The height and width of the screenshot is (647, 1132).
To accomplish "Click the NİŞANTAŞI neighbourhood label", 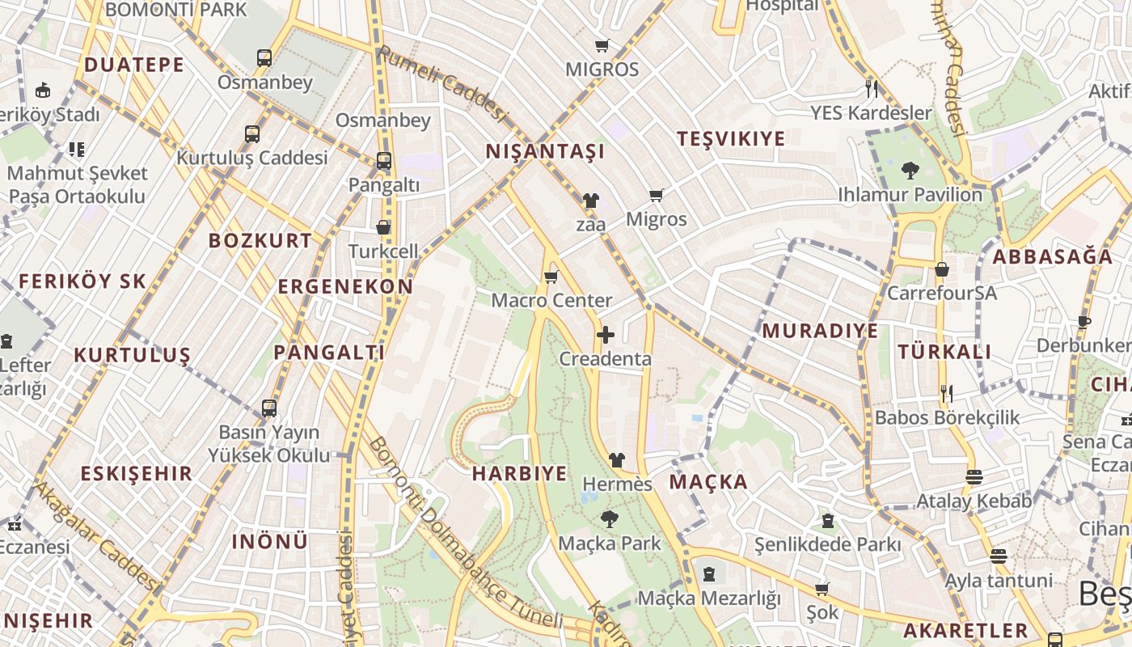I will (x=545, y=151).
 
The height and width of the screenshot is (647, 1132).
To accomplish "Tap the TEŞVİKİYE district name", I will (x=731, y=139).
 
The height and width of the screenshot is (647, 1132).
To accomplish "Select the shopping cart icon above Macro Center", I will (x=551, y=277).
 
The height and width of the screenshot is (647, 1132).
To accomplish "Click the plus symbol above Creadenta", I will (x=605, y=335).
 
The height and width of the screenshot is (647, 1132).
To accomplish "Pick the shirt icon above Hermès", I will (x=617, y=460).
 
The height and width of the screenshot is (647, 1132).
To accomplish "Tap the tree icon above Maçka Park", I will (x=609, y=519).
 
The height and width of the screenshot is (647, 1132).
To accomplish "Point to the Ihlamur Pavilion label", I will (x=910, y=195).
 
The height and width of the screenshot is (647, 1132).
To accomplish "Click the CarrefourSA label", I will (x=942, y=293).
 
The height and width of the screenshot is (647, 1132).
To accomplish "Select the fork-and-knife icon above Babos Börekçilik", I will (x=947, y=394).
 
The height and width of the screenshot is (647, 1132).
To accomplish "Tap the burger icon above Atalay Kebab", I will (x=974, y=477).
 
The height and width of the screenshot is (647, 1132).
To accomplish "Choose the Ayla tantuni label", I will (x=999, y=581).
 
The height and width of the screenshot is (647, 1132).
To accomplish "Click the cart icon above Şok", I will (x=822, y=589).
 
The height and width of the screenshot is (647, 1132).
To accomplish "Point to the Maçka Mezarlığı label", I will (x=709, y=598).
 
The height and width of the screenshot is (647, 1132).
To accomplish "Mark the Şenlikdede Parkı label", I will (x=827, y=544).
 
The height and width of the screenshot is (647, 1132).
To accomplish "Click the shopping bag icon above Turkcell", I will (x=383, y=228).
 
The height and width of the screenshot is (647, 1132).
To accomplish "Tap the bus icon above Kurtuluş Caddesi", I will (x=252, y=133).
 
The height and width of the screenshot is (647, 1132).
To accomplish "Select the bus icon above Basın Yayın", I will (x=269, y=408).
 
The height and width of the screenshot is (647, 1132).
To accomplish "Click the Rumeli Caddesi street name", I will (x=441, y=85).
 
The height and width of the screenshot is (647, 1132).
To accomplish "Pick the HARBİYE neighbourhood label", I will (x=519, y=474).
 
